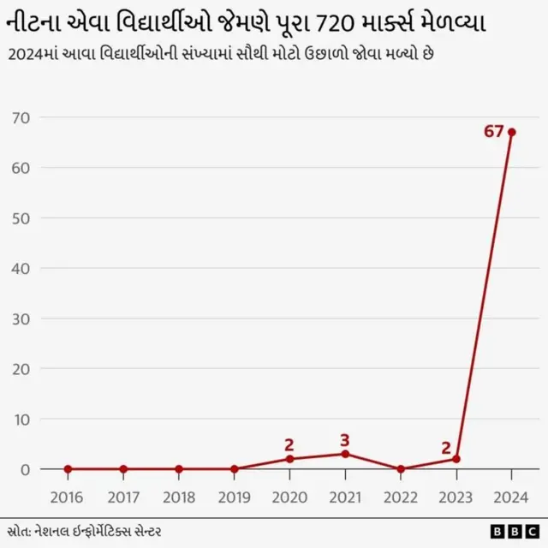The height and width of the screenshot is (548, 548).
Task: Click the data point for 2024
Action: click(x=511, y=132)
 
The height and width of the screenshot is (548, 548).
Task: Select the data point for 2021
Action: click(x=345, y=454)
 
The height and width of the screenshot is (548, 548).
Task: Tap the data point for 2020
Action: click(x=289, y=459)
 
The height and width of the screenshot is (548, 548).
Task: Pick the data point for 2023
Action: click(x=456, y=459)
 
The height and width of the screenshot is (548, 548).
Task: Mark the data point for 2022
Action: click(x=401, y=469)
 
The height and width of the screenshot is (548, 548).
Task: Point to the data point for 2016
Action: click(x=68, y=469)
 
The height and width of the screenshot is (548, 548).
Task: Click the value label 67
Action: click(x=493, y=132)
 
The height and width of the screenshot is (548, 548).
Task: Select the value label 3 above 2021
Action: click(x=345, y=440)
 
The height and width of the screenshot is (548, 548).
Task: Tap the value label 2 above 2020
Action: click(x=289, y=444)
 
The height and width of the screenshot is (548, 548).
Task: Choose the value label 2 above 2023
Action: click(x=446, y=447)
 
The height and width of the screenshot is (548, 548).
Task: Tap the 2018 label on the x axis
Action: click(x=178, y=497)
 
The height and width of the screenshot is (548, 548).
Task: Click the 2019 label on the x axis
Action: click(x=234, y=497)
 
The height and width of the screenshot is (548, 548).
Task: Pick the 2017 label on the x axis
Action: click(x=123, y=497)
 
